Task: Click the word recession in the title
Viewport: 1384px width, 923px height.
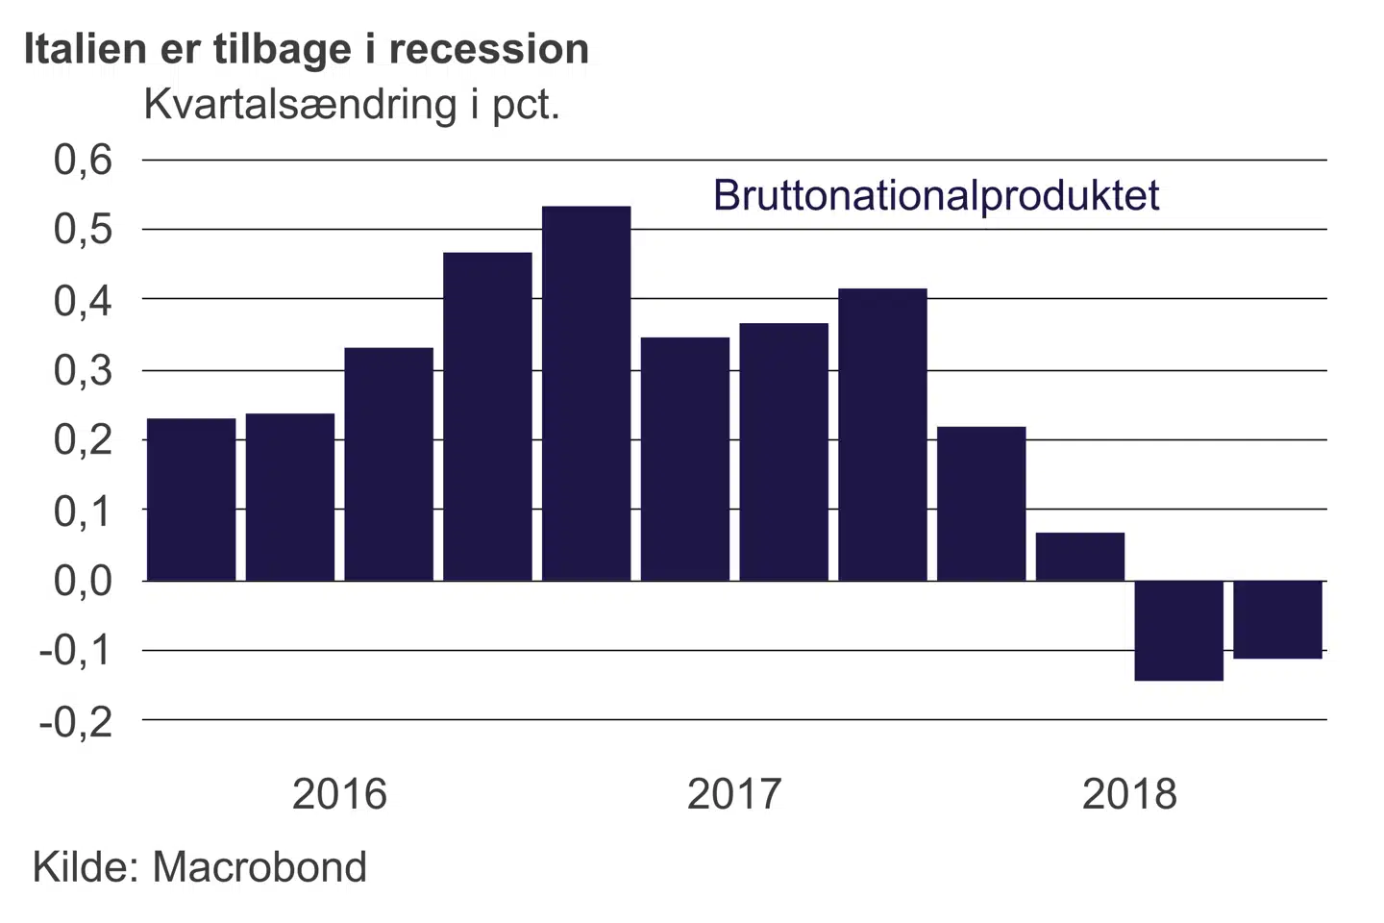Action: coord(489,49)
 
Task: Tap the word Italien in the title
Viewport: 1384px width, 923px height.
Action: coord(86,49)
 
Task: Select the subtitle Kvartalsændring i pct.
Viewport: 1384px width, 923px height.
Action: coord(352,104)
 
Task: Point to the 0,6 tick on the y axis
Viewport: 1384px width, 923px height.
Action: coord(84,160)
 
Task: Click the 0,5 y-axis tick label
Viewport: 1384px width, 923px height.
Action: coord(84,230)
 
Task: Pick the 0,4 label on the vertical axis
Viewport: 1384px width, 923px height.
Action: coord(84,300)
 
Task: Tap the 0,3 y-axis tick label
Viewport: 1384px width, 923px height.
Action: coord(84,370)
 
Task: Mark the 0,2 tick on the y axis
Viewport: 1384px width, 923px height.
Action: coord(84,440)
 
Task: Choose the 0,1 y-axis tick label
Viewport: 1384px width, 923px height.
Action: coord(84,511)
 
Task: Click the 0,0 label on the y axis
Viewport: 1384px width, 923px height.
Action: coord(84,581)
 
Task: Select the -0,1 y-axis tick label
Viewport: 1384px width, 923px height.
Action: coord(76,651)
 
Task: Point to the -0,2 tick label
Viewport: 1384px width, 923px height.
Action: coord(76,721)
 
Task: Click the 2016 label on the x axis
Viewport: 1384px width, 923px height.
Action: coord(339,794)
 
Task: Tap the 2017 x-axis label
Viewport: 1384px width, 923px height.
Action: coord(734,794)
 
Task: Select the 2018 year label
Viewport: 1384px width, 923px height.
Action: coord(1129,794)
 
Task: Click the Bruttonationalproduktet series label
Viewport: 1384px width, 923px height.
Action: coord(936,195)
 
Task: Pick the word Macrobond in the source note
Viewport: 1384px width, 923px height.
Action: coord(259,867)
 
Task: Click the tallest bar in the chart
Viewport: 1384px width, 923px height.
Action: coord(586,393)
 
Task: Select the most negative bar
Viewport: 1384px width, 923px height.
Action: coord(1178,631)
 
